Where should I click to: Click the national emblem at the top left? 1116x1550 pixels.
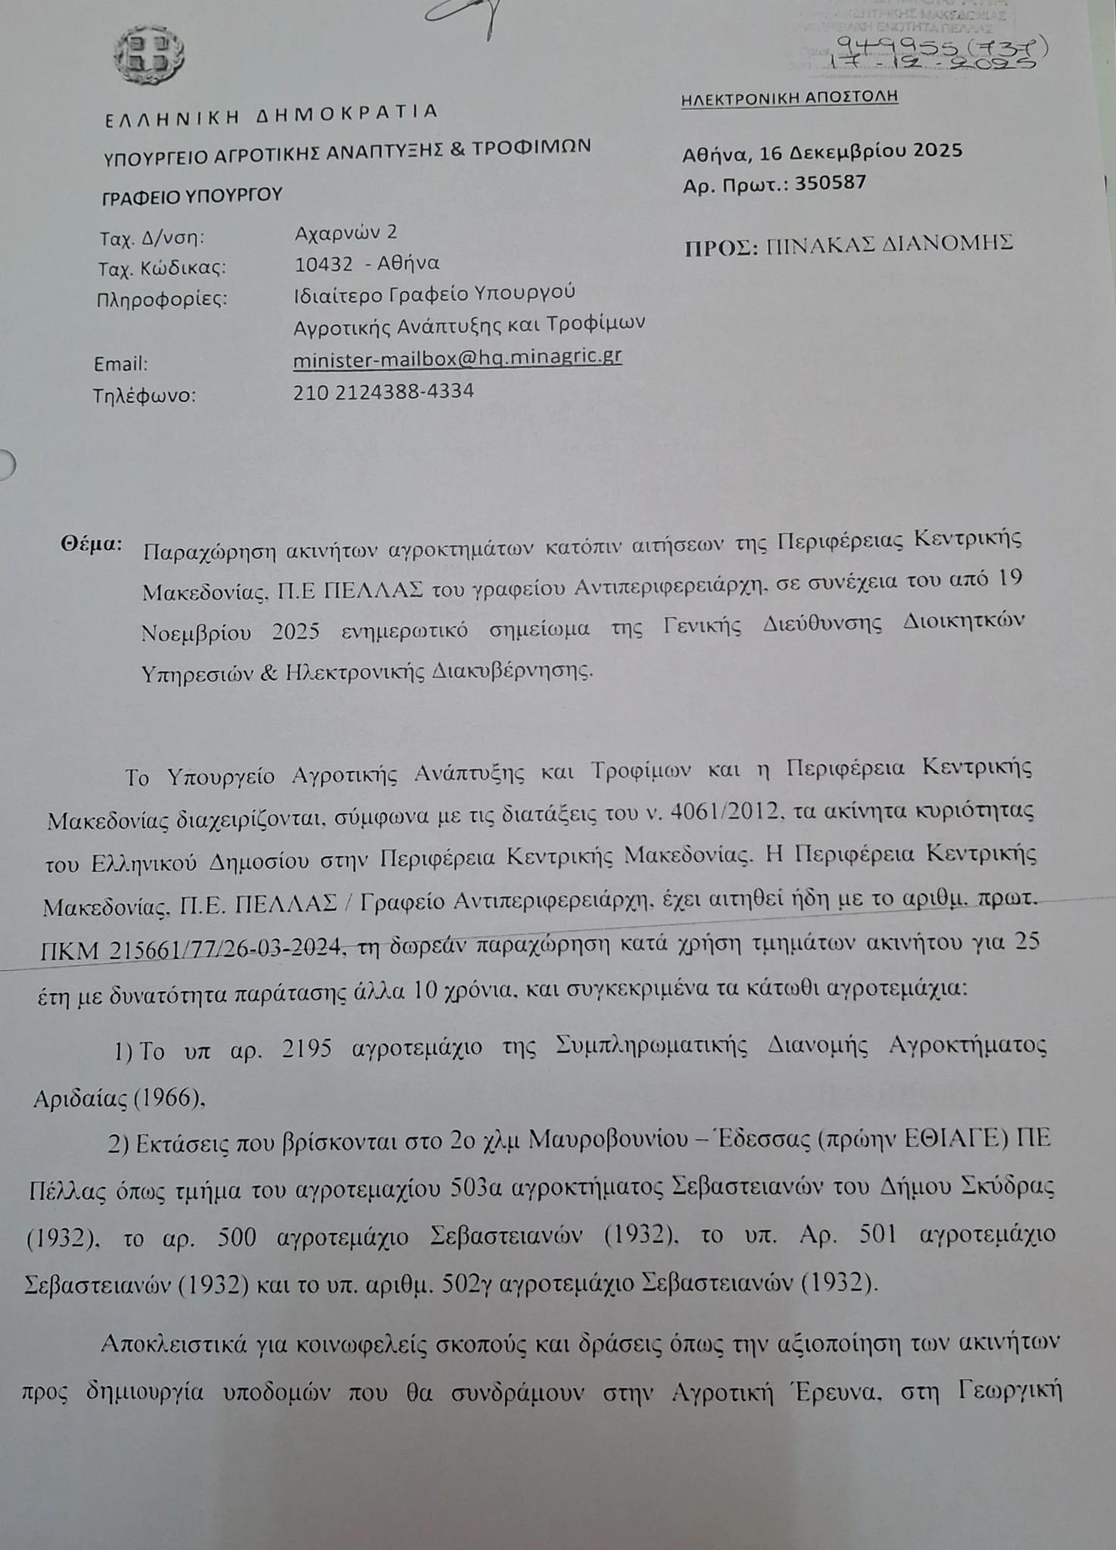(x=148, y=56)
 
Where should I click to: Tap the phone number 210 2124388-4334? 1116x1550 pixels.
(x=383, y=391)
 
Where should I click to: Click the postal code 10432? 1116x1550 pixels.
(x=323, y=264)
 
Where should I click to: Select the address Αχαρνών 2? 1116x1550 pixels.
(x=345, y=232)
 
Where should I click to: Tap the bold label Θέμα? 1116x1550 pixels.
(x=91, y=544)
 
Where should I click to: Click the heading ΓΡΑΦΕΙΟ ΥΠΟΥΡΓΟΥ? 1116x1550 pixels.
(x=192, y=195)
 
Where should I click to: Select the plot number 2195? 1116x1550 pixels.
(x=306, y=1049)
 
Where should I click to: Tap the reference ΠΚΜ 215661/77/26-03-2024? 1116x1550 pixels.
(x=189, y=949)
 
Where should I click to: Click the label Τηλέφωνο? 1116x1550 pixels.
(x=144, y=396)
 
